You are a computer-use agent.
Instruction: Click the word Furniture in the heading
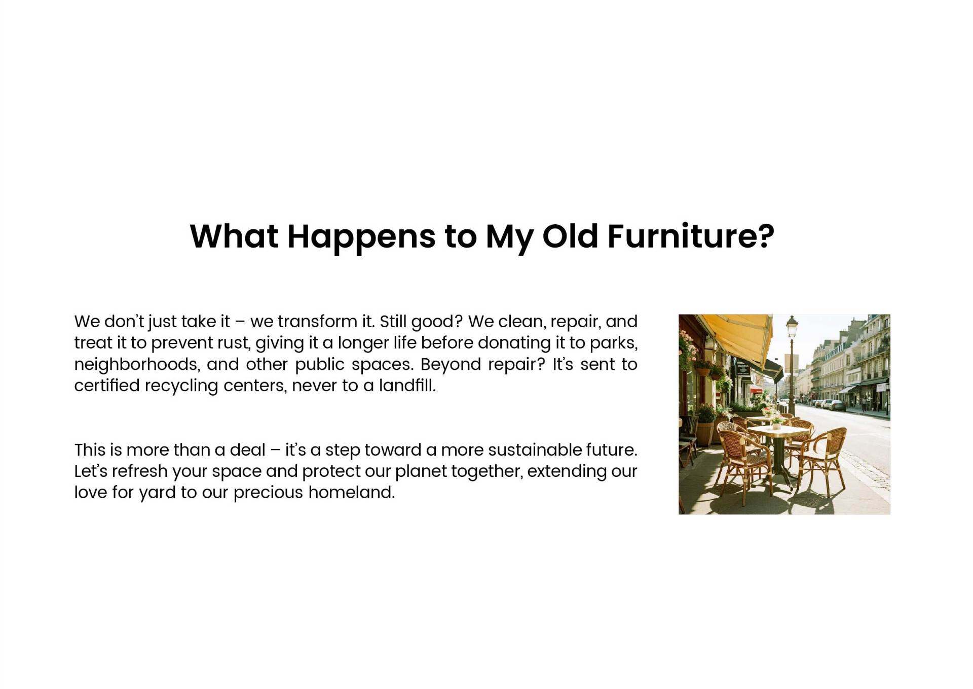point(691,236)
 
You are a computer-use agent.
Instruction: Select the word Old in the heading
point(570,236)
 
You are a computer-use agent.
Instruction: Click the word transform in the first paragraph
point(318,322)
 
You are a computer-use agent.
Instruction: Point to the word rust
point(234,343)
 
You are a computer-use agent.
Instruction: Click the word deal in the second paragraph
point(247,450)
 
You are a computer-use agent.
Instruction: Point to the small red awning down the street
point(757,390)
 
